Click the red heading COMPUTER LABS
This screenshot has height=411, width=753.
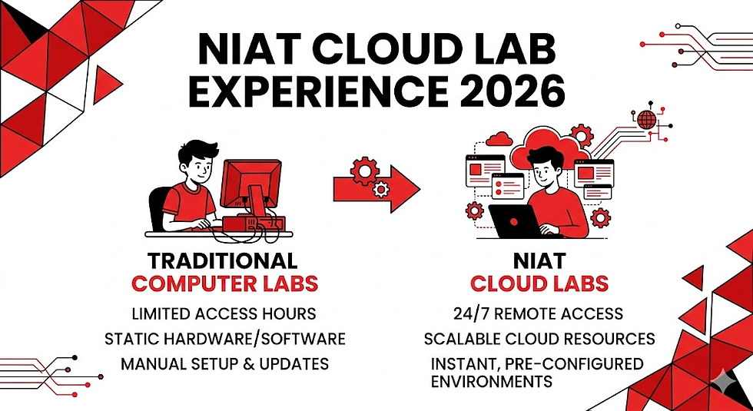pyautogui.click(x=224, y=283)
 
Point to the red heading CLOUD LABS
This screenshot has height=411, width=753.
pyautogui.click(x=539, y=283)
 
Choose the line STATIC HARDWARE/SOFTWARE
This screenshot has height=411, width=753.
pyautogui.click(x=224, y=339)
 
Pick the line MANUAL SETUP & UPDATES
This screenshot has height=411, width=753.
pyautogui.click(x=224, y=363)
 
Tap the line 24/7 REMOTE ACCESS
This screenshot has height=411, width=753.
pyautogui.click(x=539, y=314)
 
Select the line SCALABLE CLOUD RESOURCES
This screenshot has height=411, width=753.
pyautogui.click(x=539, y=339)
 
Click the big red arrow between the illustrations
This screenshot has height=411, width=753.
pyautogui.click(x=376, y=186)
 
